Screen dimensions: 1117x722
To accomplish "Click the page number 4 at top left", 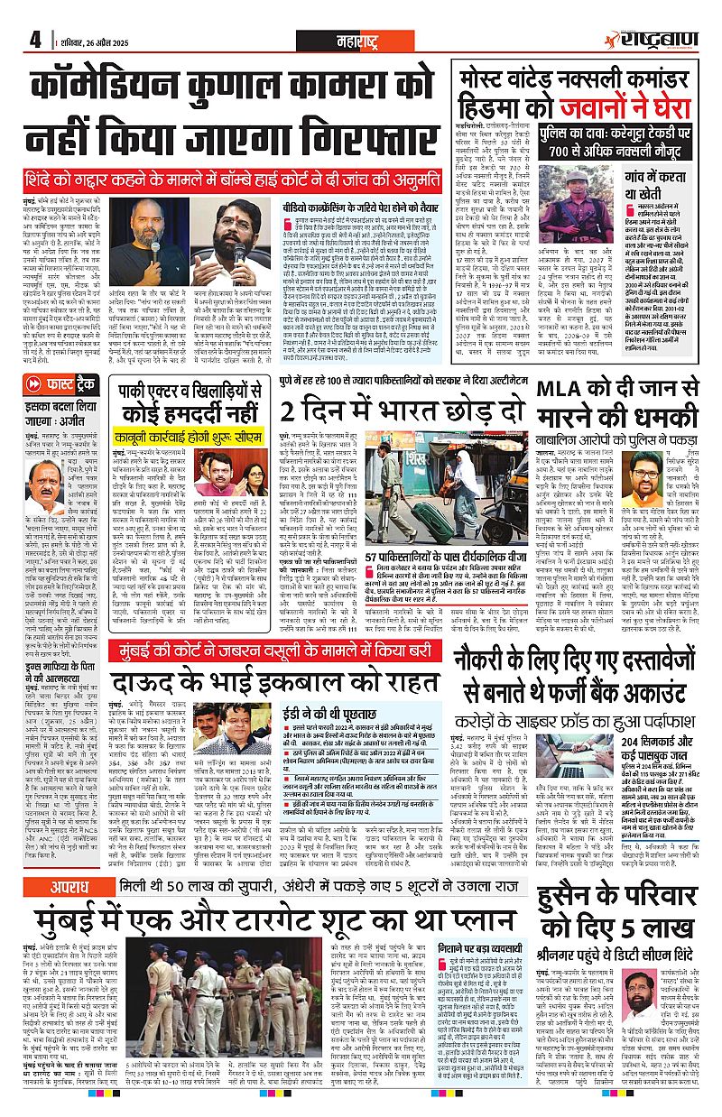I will [x=35, y=40].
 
